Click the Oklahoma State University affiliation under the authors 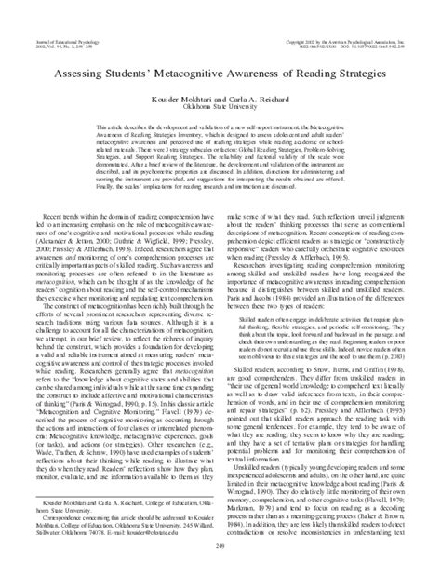click(x=220, y=104)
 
